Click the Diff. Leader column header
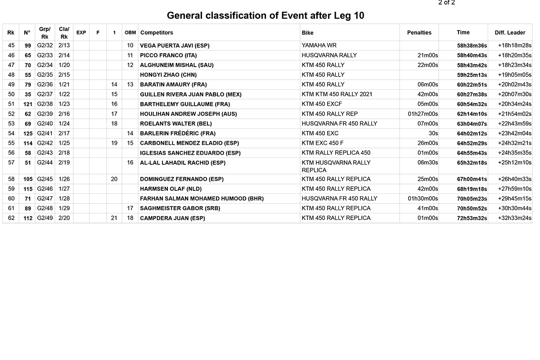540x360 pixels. [510, 32]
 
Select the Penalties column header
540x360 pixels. [419, 32]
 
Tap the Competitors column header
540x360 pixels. [157, 32]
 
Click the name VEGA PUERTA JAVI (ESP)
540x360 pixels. [175, 45]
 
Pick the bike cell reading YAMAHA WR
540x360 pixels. [319, 45]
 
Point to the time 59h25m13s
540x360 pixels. [472, 75]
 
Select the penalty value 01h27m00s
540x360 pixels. [423, 114]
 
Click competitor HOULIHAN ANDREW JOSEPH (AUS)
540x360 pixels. [188, 114]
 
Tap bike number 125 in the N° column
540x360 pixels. [27, 134]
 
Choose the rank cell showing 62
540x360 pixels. [11, 218]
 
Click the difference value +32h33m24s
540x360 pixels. [514, 218]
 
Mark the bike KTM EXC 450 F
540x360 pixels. [323, 143]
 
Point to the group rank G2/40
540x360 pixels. [45, 124]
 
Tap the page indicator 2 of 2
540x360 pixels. [446, 3]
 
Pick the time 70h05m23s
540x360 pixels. [472, 199]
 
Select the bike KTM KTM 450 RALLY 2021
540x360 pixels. [337, 94]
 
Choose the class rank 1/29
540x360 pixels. [64, 208]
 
